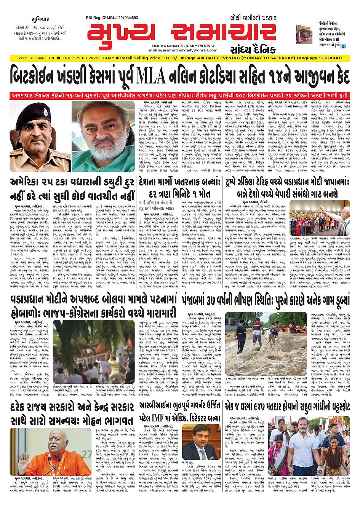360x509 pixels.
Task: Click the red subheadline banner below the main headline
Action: pos(180,95)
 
